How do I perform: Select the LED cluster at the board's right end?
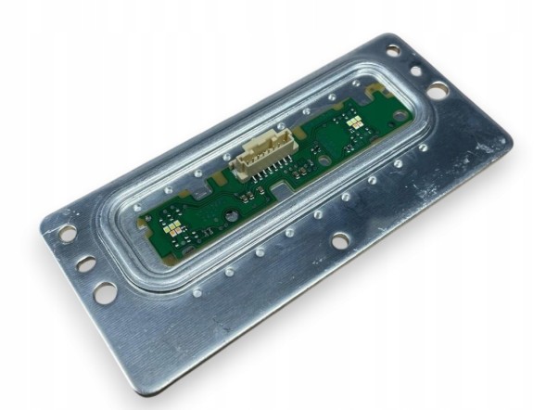pyautogui.click(x=355, y=121)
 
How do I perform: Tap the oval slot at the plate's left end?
pyautogui.click(x=85, y=264)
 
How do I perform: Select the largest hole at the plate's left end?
pyautogui.click(x=105, y=290)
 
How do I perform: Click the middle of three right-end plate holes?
pyautogui.click(x=414, y=70)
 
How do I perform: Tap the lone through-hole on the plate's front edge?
pyautogui.click(x=341, y=239)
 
